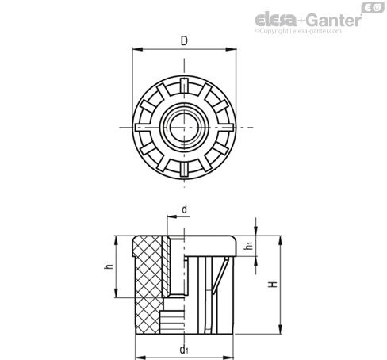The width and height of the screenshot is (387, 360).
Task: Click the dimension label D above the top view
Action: tap(184, 41)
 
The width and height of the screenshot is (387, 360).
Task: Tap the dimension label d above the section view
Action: tap(185, 209)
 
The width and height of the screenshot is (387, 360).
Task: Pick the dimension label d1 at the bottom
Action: tap(184, 350)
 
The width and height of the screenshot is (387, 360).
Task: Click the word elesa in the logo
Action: tap(275, 20)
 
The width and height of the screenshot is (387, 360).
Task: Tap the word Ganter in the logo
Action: tap(334, 20)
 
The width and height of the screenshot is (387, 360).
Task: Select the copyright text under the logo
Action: tap(298, 31)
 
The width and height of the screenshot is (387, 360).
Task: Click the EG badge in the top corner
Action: tap(373, 8)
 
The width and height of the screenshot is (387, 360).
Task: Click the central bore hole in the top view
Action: tap(184, 128)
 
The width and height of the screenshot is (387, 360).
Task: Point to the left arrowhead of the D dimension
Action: tap(137, 49)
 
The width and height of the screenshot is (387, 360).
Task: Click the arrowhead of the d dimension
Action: tap(172, 216)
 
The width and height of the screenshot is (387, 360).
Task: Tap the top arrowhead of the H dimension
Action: tap(281, 241)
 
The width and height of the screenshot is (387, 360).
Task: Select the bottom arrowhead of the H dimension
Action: tap(281, 329)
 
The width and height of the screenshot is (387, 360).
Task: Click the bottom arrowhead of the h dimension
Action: tap(116, 293)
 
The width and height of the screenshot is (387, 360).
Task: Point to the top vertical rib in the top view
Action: tap(184, 86)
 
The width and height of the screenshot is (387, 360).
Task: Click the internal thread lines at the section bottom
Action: tap(172, 323)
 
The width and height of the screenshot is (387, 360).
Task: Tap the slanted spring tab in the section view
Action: tap(220, 275)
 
